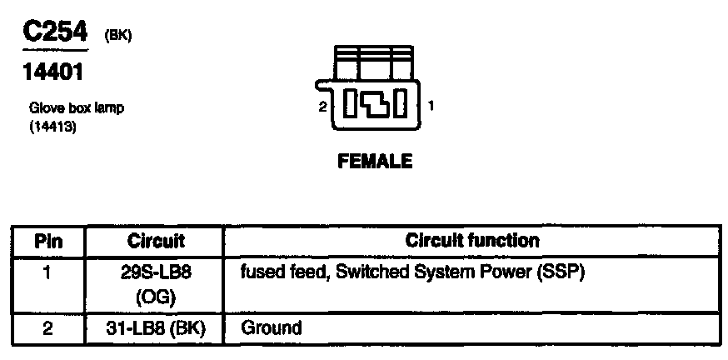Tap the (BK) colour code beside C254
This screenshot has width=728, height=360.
pos(117,36)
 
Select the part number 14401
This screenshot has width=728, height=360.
pos(52,73)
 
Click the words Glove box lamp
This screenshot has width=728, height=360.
pos(77,108)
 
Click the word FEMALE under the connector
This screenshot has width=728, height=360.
pos(375,162)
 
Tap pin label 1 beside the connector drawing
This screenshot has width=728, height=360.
pos(430,106)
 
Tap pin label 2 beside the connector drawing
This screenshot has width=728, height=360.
pos(322,107)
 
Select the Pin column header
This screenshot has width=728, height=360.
pos(48,242)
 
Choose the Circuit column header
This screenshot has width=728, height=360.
pos(156,242)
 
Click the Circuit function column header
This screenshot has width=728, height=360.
pos(472,241)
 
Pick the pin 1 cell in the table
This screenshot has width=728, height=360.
pos(48,272)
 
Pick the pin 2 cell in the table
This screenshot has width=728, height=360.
pos(48,328)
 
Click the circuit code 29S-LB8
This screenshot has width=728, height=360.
pos(156,272)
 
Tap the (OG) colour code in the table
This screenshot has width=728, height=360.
pos(156,297)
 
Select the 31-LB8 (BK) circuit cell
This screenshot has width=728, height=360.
pos(156,328)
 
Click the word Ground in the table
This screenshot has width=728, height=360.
pos(271,328)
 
